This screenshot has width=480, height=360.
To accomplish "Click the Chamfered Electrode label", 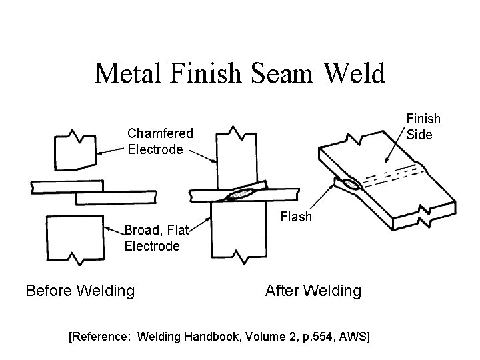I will (x=160, y=141).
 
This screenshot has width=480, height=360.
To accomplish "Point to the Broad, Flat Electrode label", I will (x=152, y=238).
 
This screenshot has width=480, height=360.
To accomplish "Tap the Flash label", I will (x=296, y=217).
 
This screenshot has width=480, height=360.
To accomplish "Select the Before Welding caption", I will (x=80, y=291).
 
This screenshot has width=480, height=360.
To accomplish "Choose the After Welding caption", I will (x=313, y=291).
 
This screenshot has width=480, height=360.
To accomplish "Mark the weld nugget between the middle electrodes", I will (x=240, y=194).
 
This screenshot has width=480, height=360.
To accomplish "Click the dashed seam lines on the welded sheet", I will (x=397, y=175).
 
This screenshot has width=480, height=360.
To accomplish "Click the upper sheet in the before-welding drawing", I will (x=67, y=186).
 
